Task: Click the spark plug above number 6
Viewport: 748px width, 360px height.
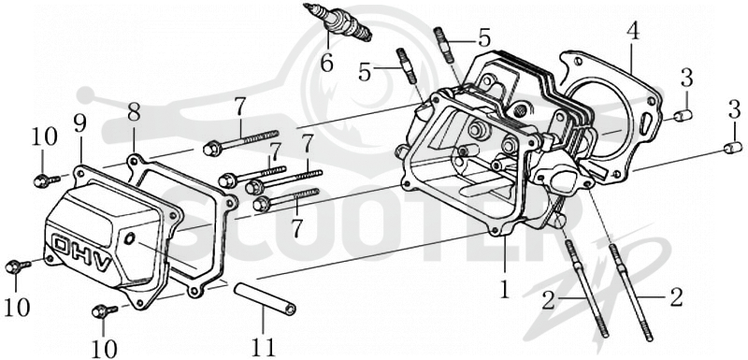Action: point(338,22)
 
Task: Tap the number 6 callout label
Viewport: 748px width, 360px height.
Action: point(326,64)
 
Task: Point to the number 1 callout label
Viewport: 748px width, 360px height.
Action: point(505,288)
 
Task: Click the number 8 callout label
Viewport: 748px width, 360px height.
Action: point(134,113)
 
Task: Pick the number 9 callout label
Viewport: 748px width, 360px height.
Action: point(79,123)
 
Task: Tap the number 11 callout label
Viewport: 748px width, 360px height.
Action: point(264,347)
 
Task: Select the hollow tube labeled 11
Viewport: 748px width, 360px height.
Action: point(265,299)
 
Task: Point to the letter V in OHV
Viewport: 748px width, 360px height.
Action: point(103,263)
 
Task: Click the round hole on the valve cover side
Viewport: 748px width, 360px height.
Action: point(128,238)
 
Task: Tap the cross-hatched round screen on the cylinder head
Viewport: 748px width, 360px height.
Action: point(518,111)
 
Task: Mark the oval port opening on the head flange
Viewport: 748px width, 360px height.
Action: point(561,178)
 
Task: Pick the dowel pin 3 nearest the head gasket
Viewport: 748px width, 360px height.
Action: point(683,115)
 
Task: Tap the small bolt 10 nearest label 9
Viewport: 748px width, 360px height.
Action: point(46,180)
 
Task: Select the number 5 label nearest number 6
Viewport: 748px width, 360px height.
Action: point(365,74)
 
